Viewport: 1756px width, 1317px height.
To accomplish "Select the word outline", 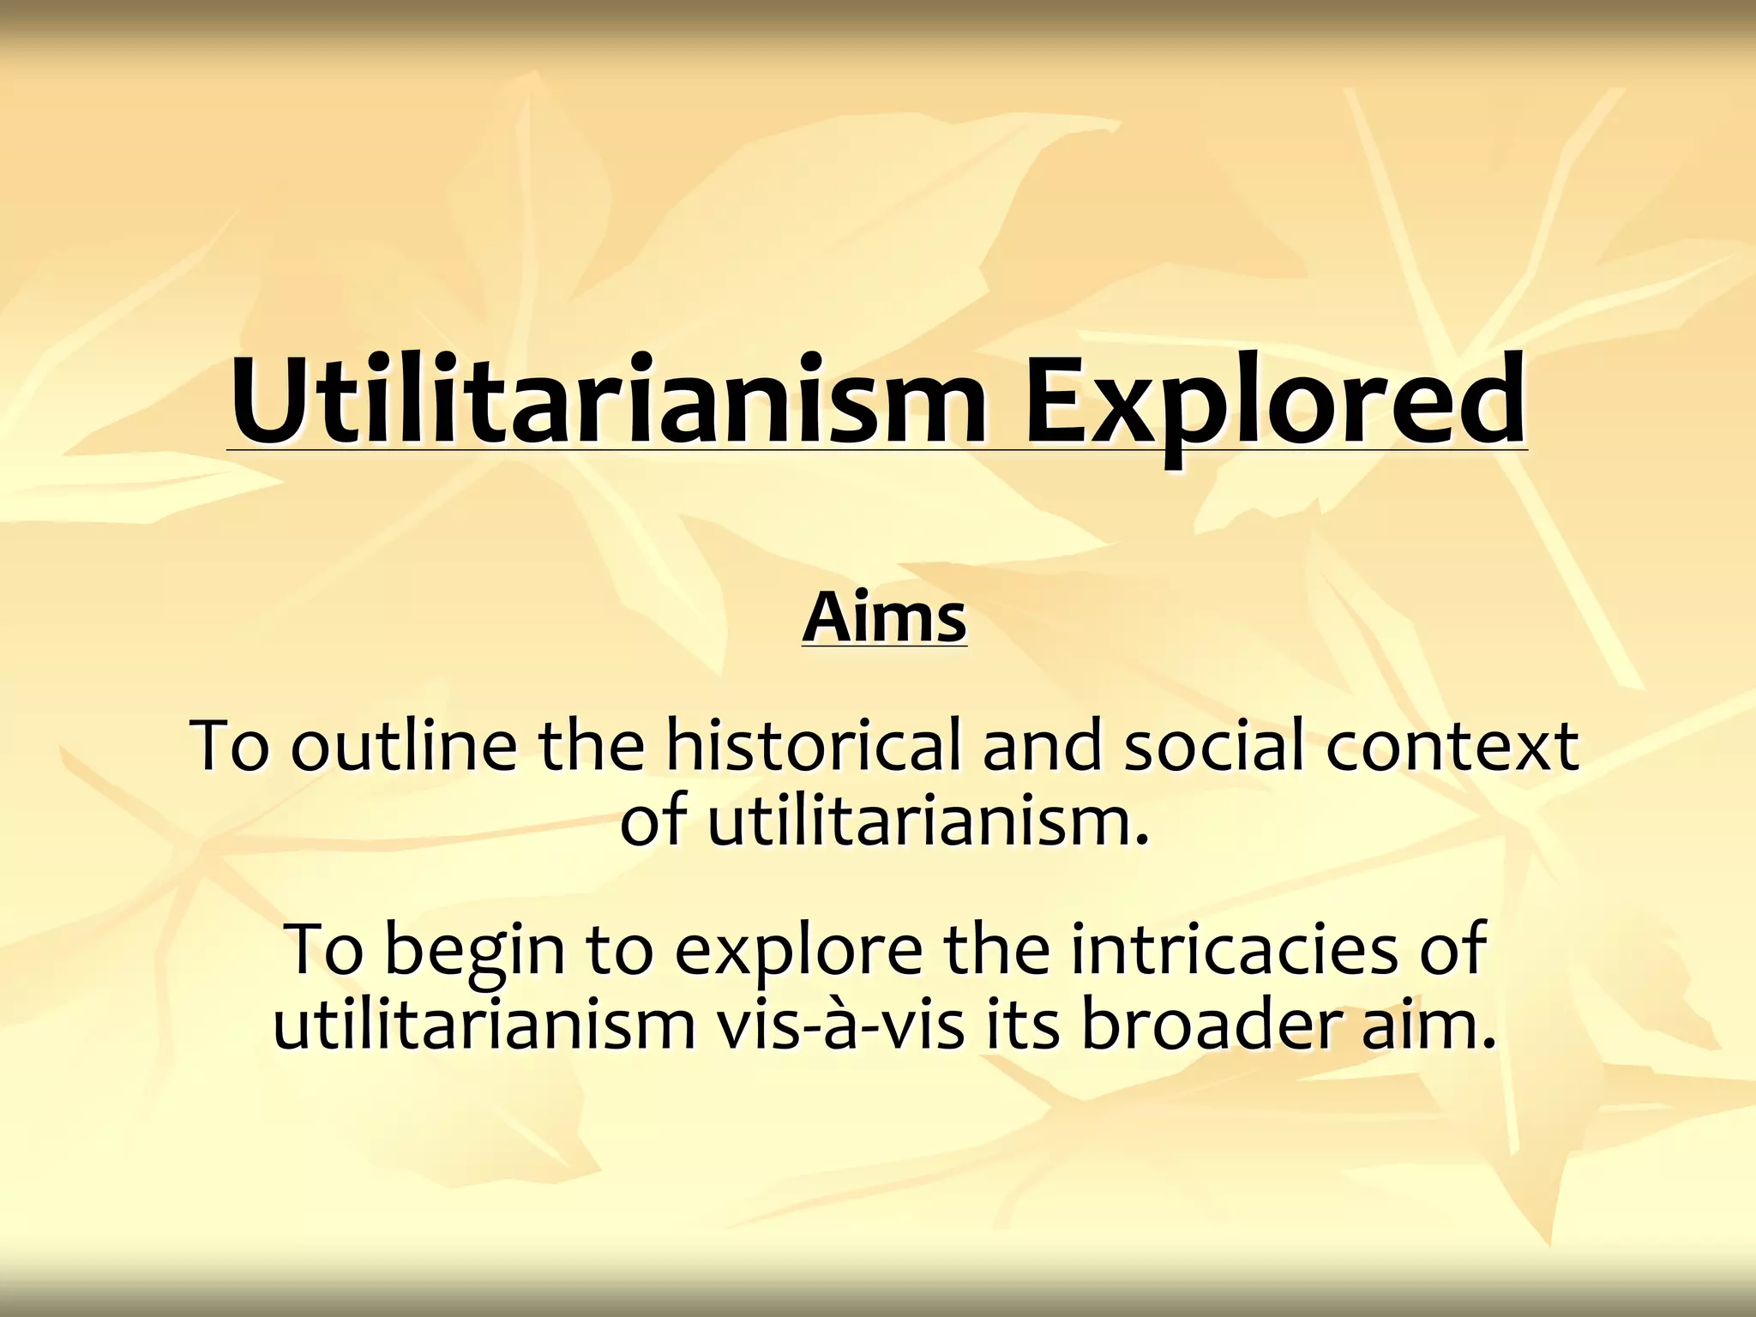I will (x=403, y=744).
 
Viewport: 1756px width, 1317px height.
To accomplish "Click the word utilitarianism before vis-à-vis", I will (x=484, y=1024).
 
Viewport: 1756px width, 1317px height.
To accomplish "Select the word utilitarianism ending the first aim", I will (x=926, y=820).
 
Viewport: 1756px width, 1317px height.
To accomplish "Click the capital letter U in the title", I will (x=266, y=401).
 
